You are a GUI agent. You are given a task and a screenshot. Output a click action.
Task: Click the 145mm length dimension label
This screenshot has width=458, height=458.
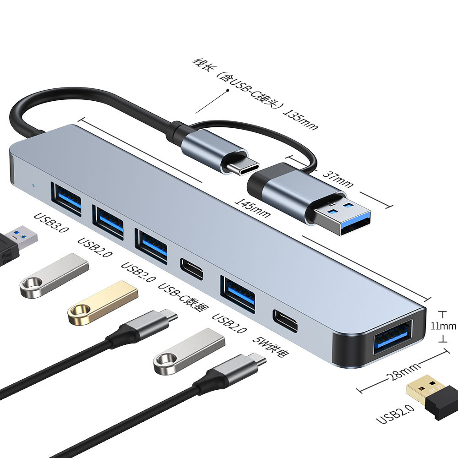(252, 207)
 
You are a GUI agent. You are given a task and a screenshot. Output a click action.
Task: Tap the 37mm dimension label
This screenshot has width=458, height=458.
(338, 179)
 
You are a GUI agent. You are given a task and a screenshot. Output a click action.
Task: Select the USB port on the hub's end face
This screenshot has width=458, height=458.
(393, 338)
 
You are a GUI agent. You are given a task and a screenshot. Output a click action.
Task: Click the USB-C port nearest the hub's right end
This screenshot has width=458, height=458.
(285, 321)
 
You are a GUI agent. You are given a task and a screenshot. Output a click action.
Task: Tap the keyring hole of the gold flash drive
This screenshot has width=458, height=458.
(79, 314)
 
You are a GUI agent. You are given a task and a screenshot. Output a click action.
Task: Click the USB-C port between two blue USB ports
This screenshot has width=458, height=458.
(191, 269)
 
